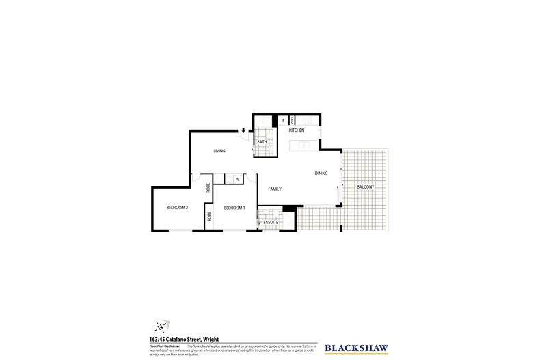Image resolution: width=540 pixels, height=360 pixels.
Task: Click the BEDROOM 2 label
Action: point(177,208)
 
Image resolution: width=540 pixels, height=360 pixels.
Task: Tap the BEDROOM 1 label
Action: point(234,208)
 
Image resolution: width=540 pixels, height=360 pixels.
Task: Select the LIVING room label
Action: point(219,151)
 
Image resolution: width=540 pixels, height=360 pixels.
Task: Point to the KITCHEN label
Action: point(296,130)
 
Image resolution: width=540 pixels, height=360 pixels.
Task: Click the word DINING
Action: point(321,174)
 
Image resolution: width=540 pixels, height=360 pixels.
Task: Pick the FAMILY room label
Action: point(275,189)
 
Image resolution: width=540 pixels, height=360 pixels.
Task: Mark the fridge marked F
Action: point(282,121)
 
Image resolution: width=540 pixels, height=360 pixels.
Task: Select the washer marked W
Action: point(237,180)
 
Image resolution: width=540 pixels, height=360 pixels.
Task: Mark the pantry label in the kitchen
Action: point(291,121)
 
